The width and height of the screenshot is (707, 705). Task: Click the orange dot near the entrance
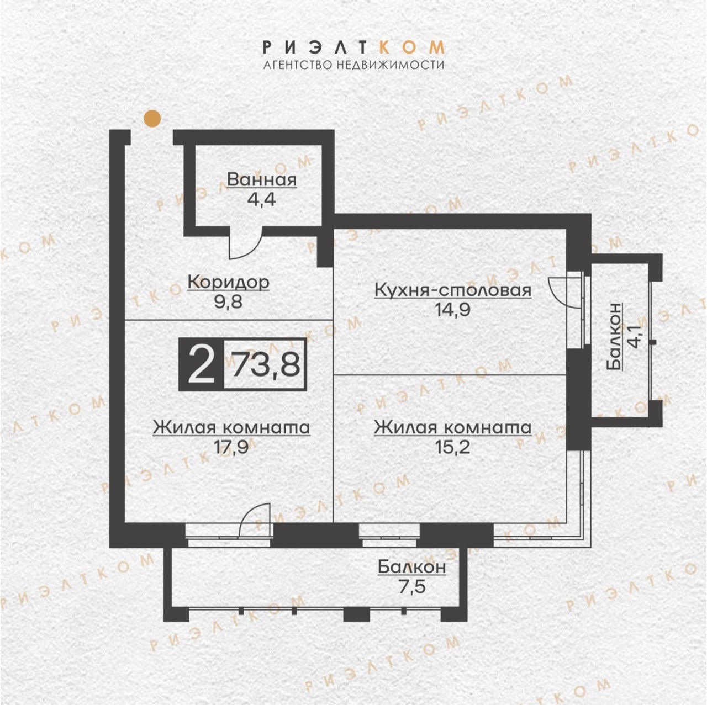coord(152,119)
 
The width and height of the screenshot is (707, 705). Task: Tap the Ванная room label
coord(262,180)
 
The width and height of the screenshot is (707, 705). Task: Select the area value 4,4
coord(262,200)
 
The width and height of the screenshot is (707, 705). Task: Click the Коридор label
coord(229,283)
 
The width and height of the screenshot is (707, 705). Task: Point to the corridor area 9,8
coord(228,302)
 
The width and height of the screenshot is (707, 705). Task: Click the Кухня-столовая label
coord(453,290)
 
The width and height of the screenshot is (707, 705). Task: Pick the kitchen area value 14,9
coord(452,310)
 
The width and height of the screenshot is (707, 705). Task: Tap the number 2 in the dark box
coord(201,364)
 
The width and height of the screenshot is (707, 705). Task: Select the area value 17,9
coord(231,447)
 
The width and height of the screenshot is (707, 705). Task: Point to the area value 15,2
coord(452,447)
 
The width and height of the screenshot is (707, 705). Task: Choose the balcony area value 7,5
coord(411,586)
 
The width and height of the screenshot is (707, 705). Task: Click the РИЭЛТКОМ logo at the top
coord(353,47)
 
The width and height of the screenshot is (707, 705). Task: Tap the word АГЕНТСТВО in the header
coord(298,65)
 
